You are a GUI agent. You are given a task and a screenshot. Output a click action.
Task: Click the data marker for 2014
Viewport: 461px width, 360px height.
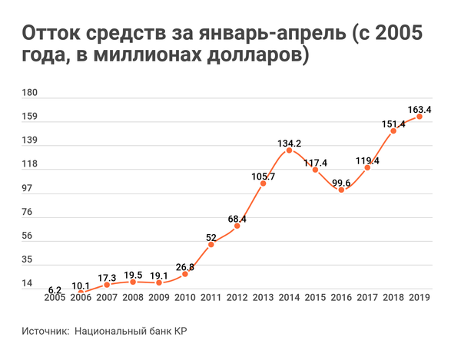tap(289, 150)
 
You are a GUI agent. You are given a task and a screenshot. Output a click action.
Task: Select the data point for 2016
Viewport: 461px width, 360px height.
tap(341, 189)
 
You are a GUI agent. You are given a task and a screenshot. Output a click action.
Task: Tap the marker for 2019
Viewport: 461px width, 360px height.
tap(420, 117)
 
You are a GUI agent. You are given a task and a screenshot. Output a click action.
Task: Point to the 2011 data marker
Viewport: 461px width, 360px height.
tap(211, 244)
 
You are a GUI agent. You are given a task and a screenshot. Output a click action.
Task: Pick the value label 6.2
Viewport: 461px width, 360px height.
tap(55, 289)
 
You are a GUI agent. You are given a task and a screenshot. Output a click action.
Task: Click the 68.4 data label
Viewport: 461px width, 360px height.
tap(237, 220)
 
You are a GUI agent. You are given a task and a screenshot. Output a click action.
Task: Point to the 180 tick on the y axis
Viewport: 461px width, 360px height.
tap(31, 94)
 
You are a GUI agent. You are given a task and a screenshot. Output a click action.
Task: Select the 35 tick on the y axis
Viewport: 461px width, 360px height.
tap(28, 260)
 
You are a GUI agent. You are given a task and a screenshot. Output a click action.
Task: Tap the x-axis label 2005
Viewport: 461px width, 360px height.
tap(55, 298)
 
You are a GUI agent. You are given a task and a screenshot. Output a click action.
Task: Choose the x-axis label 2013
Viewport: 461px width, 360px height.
tap(263, 298)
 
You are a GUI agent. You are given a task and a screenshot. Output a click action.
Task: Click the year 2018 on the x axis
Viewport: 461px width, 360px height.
tap(393, 298)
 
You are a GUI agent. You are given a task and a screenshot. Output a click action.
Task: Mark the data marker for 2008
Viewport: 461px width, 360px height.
tap(132, 282)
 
